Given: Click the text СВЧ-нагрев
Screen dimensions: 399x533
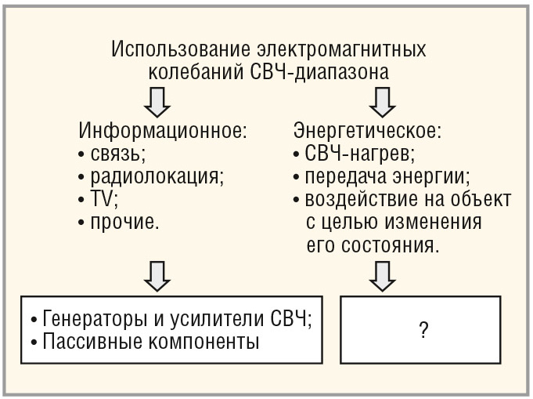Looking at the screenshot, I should [x=360, y=152].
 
